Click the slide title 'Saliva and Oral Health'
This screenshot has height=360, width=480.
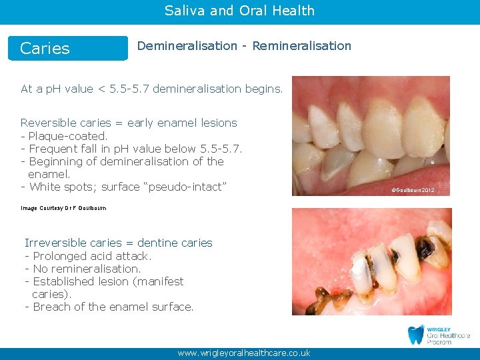(239, 11)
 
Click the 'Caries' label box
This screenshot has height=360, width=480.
(67, 48)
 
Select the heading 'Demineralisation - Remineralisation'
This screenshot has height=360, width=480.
(244, 46)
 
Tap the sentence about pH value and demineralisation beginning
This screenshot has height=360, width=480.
(152, 89)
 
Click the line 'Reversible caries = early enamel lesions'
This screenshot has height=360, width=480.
(129, 123)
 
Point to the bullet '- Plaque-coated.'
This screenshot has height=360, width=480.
(64, 136)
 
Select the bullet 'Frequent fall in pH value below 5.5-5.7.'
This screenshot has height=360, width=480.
(135, 149)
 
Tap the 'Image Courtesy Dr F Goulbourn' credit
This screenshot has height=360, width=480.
(63, 209)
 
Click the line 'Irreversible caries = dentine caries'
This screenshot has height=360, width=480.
(118, 243)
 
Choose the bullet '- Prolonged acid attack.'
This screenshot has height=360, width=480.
(88, 256)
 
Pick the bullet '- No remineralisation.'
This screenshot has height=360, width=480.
(83, 269)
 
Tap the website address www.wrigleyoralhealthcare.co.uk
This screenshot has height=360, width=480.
(243, 353)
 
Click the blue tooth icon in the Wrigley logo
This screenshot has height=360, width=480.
(415, 335)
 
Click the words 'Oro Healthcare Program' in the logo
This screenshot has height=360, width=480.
(447, 338)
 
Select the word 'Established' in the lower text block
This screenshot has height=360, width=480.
(62, 281)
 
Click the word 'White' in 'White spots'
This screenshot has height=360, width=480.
(45, 187)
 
